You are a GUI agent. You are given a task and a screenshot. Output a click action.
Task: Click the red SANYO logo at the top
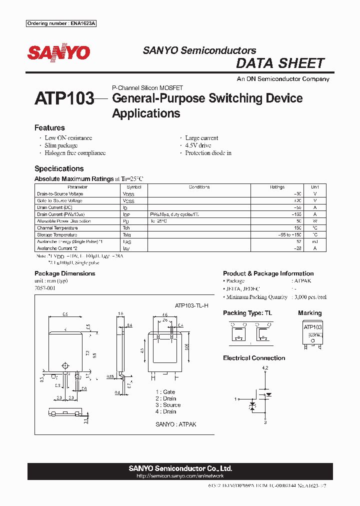click(x=58, y=53)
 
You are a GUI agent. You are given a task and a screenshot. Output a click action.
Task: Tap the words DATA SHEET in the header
click(x=280, y=63)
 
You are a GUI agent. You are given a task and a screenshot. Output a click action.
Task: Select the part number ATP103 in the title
click(x=64, y=98)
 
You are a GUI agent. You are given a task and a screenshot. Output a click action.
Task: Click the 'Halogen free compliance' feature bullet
click(x=75, y=153)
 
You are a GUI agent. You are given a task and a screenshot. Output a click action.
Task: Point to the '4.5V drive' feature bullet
click(x=198, y=145)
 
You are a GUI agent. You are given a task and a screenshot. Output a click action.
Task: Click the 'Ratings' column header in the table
click(x=277, y=187)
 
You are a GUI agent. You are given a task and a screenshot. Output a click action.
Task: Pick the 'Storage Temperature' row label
click(x=57, y=234)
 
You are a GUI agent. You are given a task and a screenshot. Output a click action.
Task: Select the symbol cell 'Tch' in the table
click(x=126, y=228)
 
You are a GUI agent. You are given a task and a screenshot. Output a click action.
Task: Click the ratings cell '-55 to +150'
click(x=290, y=234)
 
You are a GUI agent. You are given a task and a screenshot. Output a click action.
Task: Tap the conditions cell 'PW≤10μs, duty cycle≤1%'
click(x=174, y=214)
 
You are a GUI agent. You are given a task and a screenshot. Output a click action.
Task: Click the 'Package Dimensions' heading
click(x=64, y=273)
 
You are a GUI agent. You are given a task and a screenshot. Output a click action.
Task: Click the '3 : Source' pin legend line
click(x=168, y=405)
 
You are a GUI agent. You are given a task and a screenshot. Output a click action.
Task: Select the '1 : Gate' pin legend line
click(x=165, y=392)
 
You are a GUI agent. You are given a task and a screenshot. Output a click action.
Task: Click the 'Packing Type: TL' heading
click(x=248, y=313)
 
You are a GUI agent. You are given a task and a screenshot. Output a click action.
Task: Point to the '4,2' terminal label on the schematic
click(x=265, y=368)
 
